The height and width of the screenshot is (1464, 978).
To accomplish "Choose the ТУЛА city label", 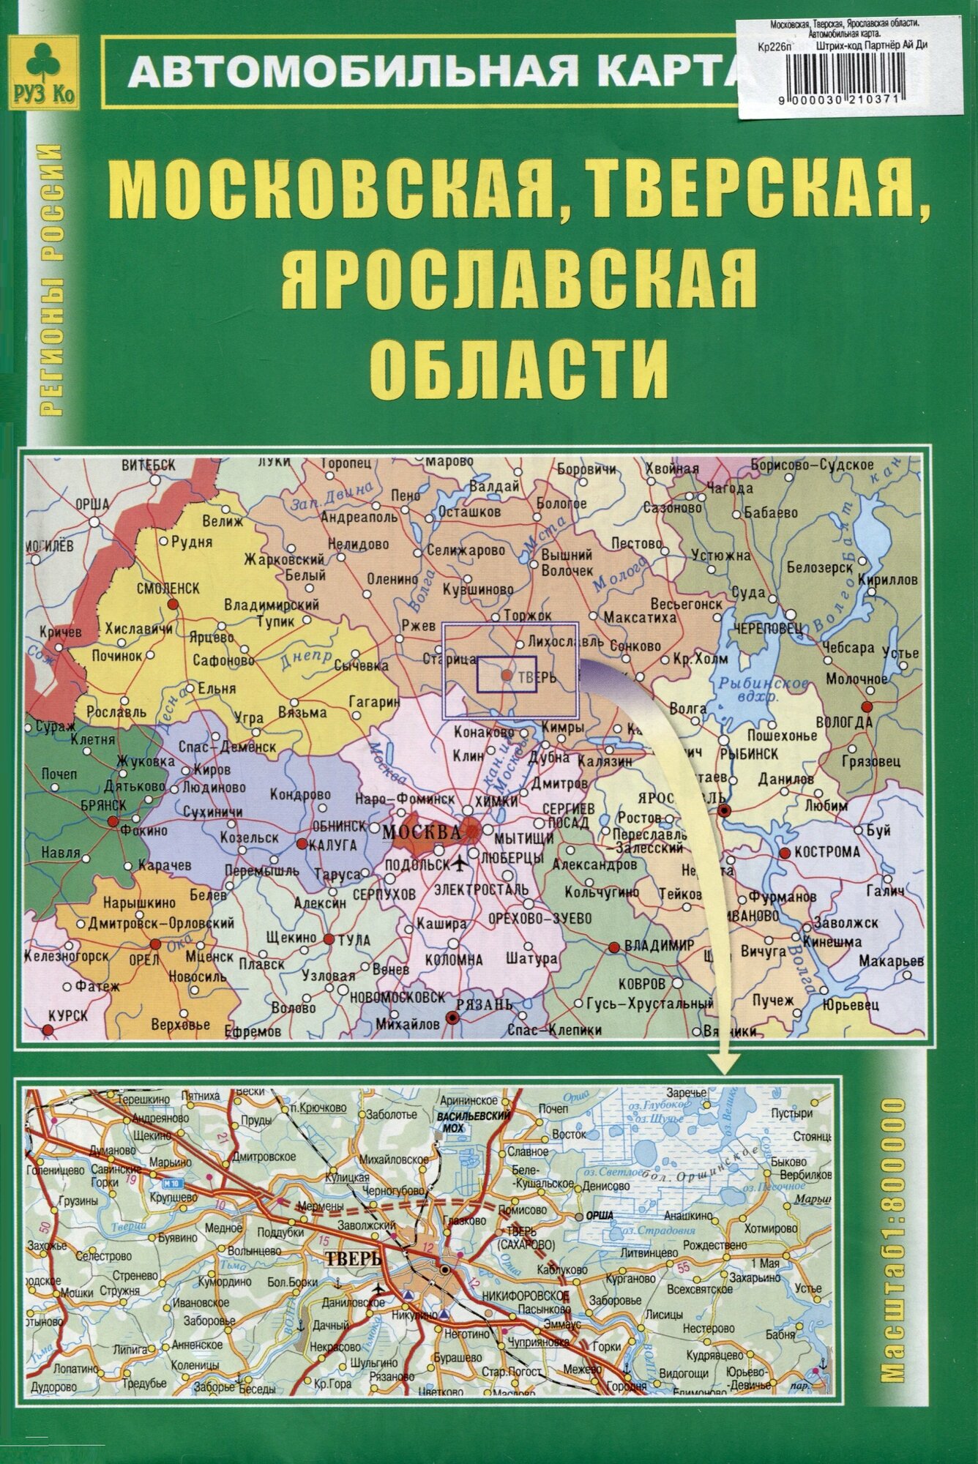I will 352,940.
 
